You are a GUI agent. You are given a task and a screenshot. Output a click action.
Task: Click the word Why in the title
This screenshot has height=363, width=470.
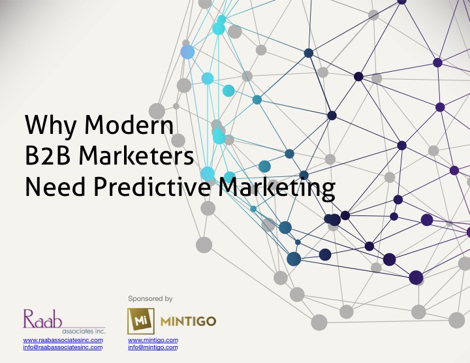51,125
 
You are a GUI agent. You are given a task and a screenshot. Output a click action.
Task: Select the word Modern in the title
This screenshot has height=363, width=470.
129,124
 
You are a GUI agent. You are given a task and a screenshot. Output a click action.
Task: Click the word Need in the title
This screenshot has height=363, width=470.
55,187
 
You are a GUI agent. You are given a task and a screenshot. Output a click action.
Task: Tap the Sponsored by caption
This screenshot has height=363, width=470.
150,298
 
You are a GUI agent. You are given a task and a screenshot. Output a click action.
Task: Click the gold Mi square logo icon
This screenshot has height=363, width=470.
141,321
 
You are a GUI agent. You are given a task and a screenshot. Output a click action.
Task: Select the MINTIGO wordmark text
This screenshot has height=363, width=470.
188,322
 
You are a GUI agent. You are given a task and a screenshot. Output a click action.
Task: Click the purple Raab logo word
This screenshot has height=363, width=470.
43,319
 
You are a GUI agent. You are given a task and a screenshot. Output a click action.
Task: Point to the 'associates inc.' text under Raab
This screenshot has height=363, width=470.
84,331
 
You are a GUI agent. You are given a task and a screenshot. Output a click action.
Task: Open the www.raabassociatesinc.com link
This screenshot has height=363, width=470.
63,340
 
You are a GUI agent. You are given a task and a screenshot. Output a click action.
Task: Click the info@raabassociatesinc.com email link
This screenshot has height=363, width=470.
63,347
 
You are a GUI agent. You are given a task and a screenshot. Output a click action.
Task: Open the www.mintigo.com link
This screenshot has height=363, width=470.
153,340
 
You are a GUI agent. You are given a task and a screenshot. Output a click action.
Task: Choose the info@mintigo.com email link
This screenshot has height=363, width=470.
153,347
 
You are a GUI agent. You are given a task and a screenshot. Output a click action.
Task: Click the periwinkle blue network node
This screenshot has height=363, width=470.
187,52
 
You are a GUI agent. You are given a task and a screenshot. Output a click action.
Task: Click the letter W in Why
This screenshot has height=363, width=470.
39,124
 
